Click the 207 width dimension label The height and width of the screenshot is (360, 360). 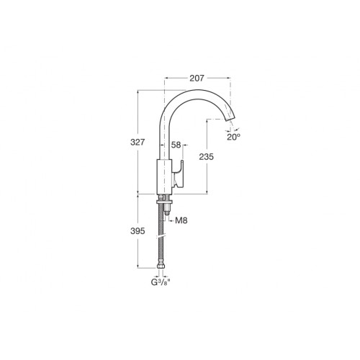[197, 78]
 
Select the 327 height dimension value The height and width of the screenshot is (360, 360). [138, 142]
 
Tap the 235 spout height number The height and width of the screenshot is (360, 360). [206, 157]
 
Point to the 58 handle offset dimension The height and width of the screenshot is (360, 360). [176, 145]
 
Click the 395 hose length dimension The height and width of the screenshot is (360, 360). [138, 231]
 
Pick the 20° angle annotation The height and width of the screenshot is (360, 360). [233, 137]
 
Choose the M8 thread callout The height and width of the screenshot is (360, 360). [181, 220]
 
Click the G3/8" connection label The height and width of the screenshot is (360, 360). [161, 282]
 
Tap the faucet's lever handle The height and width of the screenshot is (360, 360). [179, 174]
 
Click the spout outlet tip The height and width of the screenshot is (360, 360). [230, 119]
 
